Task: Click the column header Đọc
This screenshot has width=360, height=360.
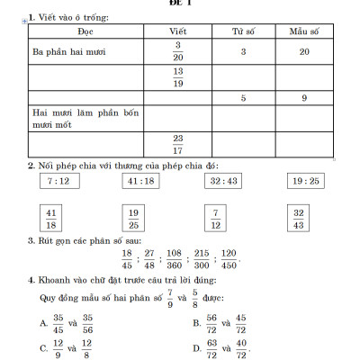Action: pos(85,31)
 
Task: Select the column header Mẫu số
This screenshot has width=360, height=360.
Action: pos(304,31)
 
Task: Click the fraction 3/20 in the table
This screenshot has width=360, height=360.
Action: pos(178,51)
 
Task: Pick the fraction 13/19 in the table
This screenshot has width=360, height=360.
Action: pos(178,77)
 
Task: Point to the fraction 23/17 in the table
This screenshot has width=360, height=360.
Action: pos(178,144)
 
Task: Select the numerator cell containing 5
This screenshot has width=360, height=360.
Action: pos(243,97)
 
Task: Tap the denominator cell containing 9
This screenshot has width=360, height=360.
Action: pos(304,97)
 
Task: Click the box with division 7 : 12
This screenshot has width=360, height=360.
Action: pos(57,181)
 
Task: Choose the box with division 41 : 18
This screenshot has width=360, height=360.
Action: pos(141,181)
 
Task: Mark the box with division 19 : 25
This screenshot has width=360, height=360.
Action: pos(305,181)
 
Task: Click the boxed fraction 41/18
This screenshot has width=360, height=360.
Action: pos(51,218)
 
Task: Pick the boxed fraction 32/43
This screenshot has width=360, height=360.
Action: pos(299,218)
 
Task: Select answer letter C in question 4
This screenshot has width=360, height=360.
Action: pos(43,346)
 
